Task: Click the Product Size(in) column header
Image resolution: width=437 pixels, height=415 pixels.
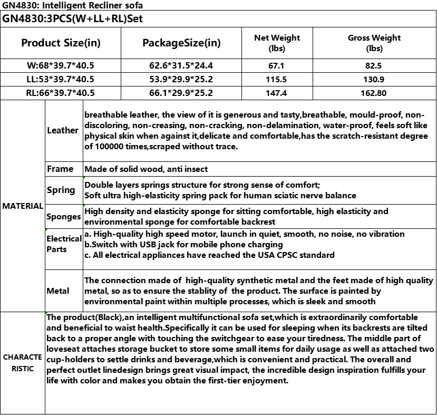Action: coord(61,43)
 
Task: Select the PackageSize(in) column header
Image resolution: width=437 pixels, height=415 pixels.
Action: coord(181,43)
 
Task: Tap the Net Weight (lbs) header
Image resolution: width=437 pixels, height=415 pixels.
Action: coord(277,43)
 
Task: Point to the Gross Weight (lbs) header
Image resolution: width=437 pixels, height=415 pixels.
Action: coord(374,43)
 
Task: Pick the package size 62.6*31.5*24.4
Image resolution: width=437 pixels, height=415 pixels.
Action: coord(181,66)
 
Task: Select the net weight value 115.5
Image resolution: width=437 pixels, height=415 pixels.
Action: coord(277,79)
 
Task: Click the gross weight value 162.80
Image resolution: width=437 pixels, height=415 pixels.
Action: coord(374,93)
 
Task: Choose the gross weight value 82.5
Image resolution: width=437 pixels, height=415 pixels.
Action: coord(374,66)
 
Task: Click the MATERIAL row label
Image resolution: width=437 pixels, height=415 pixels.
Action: coord(22,206)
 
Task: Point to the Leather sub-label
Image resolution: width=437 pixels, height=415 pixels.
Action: coord(63,130)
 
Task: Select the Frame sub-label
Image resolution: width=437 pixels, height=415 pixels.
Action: coord(60,169)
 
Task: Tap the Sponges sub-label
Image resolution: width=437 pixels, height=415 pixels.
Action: coord(63,216)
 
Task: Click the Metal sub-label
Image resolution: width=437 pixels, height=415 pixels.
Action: coord(58,291)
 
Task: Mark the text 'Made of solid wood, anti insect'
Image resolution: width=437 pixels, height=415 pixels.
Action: coord(146,169)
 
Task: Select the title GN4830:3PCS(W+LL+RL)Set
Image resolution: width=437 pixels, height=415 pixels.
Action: coord(73,19)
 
